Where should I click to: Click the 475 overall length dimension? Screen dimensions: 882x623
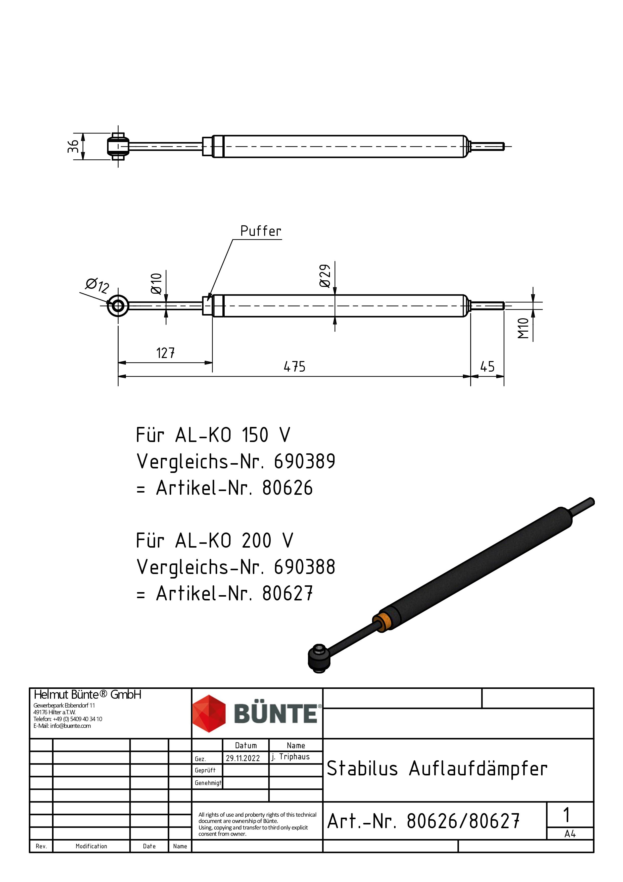pos(295,367)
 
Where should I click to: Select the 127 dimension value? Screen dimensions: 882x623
pos(165,353)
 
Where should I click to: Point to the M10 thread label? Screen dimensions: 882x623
pos(523,328)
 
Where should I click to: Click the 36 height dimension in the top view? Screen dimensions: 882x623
pos(73,146)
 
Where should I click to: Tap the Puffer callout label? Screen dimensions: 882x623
pos(261,231)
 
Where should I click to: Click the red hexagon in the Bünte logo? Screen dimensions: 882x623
pos(209,713)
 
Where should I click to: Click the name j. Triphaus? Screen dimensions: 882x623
pos(291,757)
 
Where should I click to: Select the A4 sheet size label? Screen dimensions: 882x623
pos(570,834)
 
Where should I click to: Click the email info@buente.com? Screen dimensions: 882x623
pos(71,726)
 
